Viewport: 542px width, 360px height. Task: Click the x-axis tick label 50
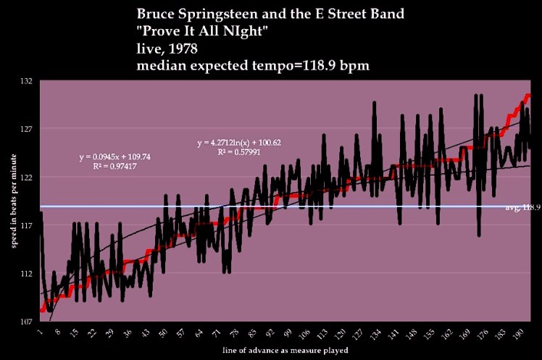(164, 334)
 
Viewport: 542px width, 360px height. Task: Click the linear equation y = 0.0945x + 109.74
(114, 157)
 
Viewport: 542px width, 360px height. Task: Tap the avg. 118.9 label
(522, 207)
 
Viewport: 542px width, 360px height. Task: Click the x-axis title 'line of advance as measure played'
(285, 351)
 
